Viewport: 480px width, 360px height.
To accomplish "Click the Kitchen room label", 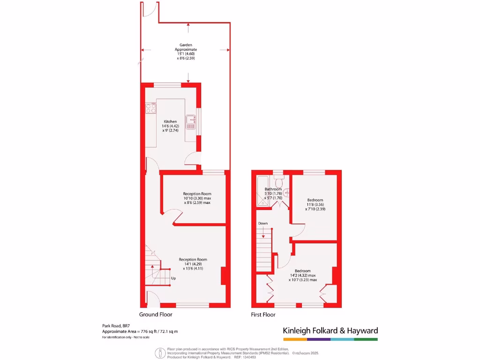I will tap(170, 121).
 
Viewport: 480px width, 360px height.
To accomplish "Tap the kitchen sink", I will tap(191, 122).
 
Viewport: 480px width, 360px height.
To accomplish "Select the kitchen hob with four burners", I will tap(150, 108).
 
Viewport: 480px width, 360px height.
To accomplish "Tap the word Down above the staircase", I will tap(263, 223).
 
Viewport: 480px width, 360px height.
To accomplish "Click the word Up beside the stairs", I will tap(173, 278).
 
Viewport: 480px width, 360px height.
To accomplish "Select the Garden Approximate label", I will tap(186, 47).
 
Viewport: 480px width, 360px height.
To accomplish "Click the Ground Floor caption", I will tap(156, 315).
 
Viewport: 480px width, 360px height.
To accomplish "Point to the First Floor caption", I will tap(263, 315).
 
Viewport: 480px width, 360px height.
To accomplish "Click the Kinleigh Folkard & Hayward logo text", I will tap(330, 330).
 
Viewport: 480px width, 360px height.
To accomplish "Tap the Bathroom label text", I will tap(273, 189).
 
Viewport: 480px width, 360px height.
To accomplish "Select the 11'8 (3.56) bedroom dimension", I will tap(315, 204).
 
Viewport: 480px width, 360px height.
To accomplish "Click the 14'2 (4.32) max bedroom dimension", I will tap(302, 275).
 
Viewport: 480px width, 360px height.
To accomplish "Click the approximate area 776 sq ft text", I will tap(140, 331).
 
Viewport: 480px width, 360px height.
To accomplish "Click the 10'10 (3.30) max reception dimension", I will tap(197, 198).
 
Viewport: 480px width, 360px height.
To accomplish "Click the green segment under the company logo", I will tap(366, 339).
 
